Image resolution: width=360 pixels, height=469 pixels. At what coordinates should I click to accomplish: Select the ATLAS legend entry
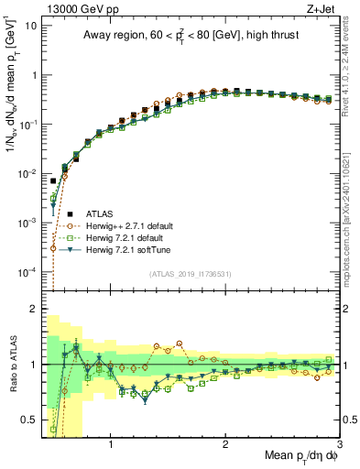click(101, 213)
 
